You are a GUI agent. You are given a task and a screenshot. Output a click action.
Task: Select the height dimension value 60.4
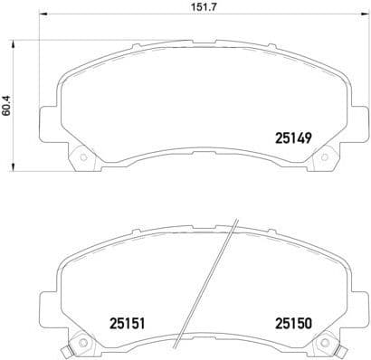(7, 107)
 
